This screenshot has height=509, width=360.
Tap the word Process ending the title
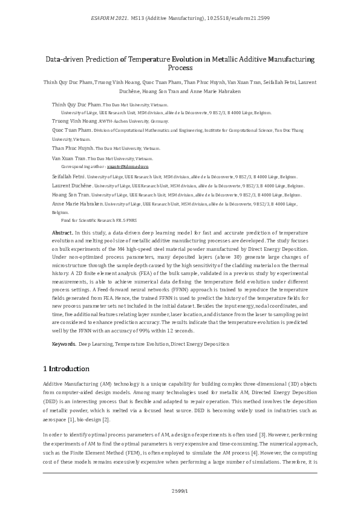pyautogui.click(x=180, y=68)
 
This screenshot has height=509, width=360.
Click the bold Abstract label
pyautogui.click(x=62, y=232)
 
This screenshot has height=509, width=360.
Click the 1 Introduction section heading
pyautogui.click(x=67, y=369)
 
